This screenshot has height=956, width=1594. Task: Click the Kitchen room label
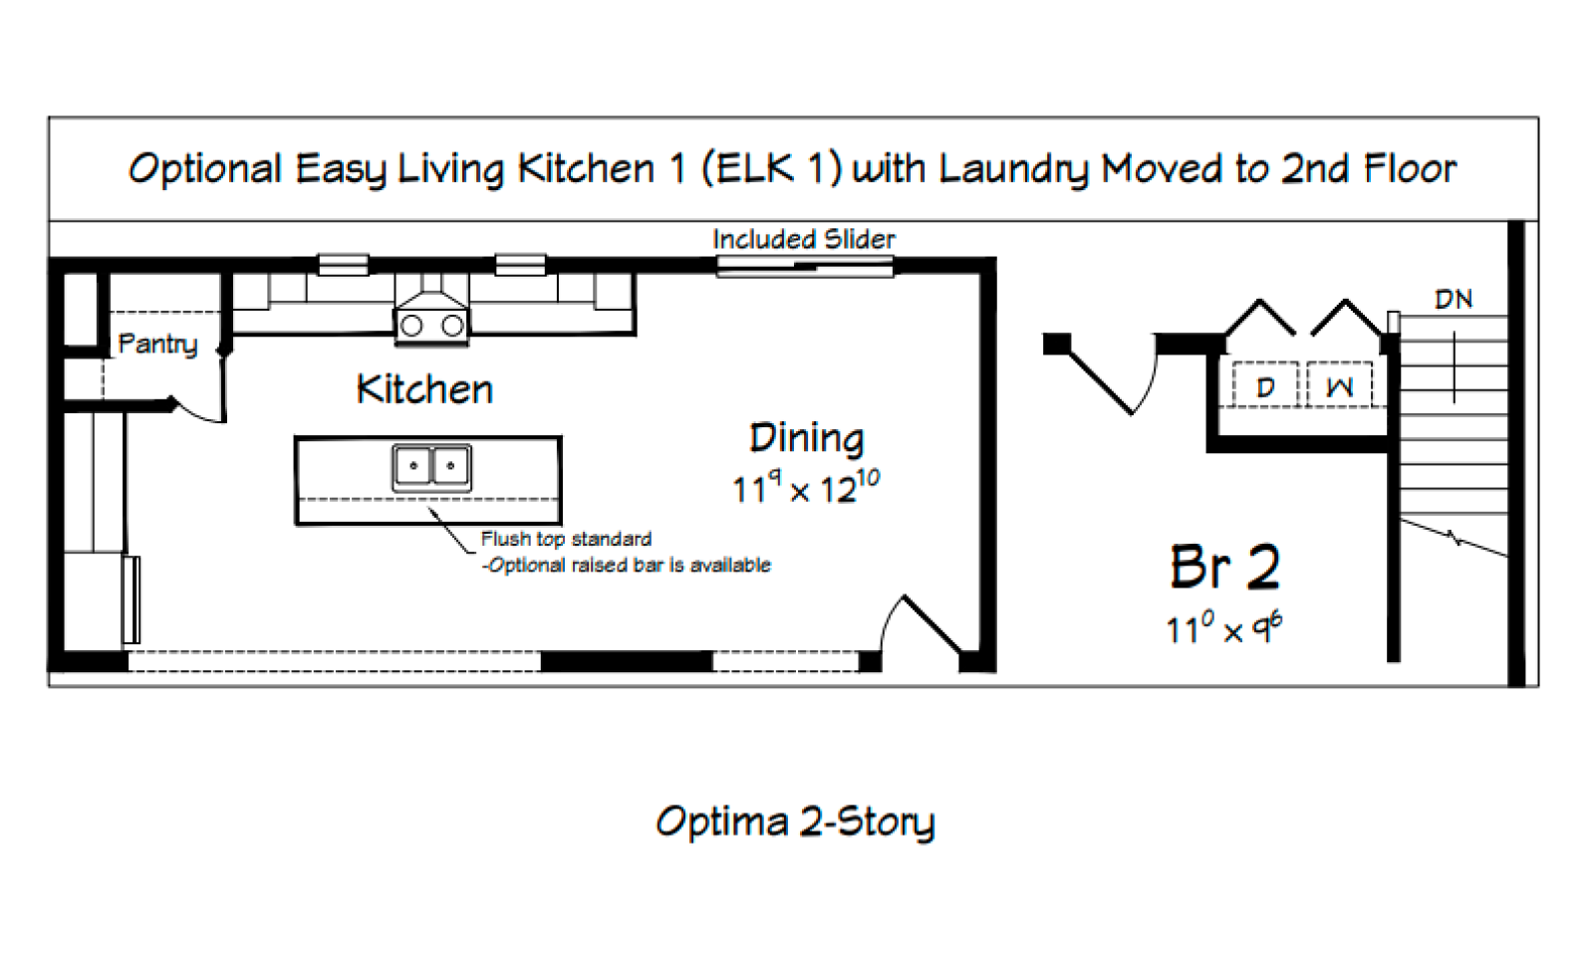[424, 389]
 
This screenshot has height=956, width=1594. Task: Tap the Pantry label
[157, 345]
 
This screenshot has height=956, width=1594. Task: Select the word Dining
[807, 439]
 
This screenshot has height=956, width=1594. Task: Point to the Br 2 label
[1225, 567]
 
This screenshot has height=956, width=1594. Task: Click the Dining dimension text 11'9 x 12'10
[806, 488]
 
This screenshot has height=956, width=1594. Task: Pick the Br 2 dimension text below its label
[1224, 628]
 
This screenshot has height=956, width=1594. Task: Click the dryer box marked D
[1265, 384]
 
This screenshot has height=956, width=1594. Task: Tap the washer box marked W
[1339, 384]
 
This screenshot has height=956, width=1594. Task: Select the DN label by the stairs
[1454, 300]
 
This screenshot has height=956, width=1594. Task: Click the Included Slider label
[804, 239]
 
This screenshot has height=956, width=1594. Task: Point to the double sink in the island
[432, 467]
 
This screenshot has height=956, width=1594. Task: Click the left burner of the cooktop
[411, 326]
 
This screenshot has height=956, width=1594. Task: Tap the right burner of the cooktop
[452, 326]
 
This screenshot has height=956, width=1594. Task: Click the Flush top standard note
[567, 539]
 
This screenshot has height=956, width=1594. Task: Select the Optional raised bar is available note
[627, 566]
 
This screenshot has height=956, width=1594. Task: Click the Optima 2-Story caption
[795, 823]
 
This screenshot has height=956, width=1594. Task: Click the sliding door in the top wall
[805, 267]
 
